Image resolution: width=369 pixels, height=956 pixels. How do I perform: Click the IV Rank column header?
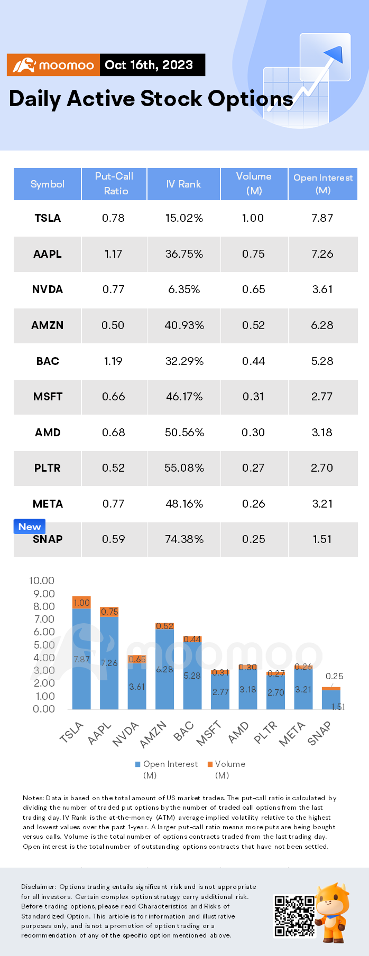tap(183, 184)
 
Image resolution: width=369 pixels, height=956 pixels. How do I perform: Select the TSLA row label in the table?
tap(48, 218)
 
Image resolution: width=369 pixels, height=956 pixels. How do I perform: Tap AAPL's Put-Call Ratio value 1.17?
tap(113, 254)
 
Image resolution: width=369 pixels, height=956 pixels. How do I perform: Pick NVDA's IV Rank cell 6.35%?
tap(184, 289)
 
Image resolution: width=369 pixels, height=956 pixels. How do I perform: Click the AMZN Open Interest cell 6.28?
tap(322, 325)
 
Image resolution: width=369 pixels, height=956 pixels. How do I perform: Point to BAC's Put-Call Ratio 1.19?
tap(113, 361)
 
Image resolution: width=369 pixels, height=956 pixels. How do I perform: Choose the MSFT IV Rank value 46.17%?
tap(184, 397)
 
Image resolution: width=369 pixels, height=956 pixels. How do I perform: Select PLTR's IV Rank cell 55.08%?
tap(184, 468)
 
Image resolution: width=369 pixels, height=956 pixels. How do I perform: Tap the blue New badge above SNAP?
tap(30, 527)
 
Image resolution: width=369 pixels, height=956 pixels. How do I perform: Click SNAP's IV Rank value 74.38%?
tap(184, 539)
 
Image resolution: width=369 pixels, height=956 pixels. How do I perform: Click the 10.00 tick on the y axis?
tap(41, 580)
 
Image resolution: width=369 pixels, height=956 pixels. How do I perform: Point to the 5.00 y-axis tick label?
tap(44, 645)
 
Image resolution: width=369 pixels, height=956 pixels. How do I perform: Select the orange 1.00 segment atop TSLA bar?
tap(81, 603)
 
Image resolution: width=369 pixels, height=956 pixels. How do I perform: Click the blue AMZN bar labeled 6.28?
tap(164, 669)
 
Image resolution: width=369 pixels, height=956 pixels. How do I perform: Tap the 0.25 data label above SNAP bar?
tap(335, 676)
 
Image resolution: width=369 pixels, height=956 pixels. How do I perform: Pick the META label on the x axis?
tap(292, 734)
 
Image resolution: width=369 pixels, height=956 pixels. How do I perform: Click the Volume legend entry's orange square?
tap(210, 764)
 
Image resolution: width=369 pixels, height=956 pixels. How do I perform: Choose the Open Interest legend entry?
tap(167, 769)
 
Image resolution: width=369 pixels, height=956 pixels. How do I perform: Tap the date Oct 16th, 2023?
tap(149, 65)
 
